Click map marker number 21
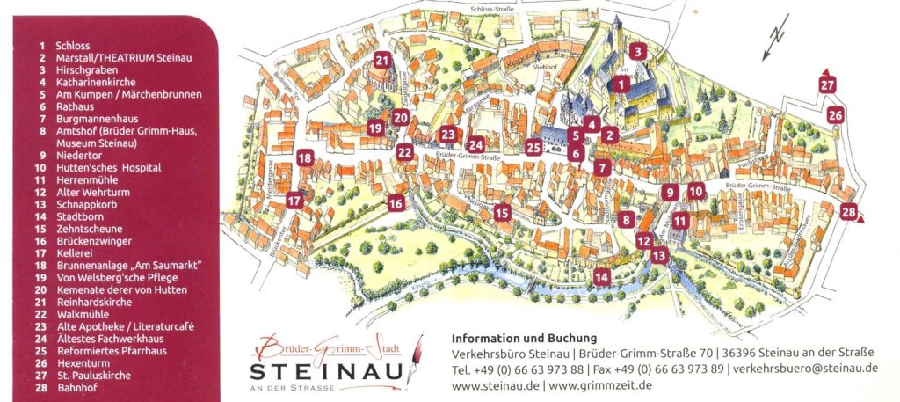tap(381, 61)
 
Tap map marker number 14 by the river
tap(601, 277)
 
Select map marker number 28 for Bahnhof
tap(848, 211)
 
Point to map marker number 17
tap(294, 201)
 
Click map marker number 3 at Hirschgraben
tap(637, 51)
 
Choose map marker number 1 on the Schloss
tap(621, 84)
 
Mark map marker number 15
tap(502, 212)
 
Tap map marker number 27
tap(827, 85)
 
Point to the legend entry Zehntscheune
tap(88, 228)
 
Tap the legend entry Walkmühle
tap(85, 313)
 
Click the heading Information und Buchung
tap(523, 338)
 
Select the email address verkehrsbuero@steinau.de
tap(804, 369)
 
